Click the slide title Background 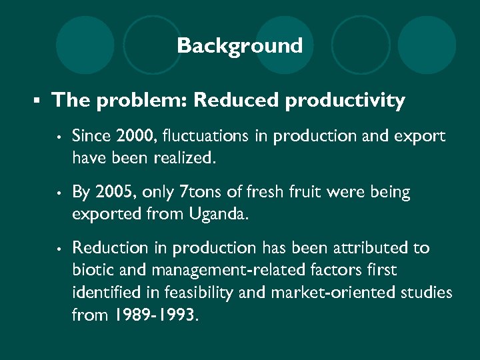(239, 46)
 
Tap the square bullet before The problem (38, 101)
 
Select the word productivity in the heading (345, 101)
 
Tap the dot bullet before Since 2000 (59, 137)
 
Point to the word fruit (309, 192)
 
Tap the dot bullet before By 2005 (59, 193)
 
